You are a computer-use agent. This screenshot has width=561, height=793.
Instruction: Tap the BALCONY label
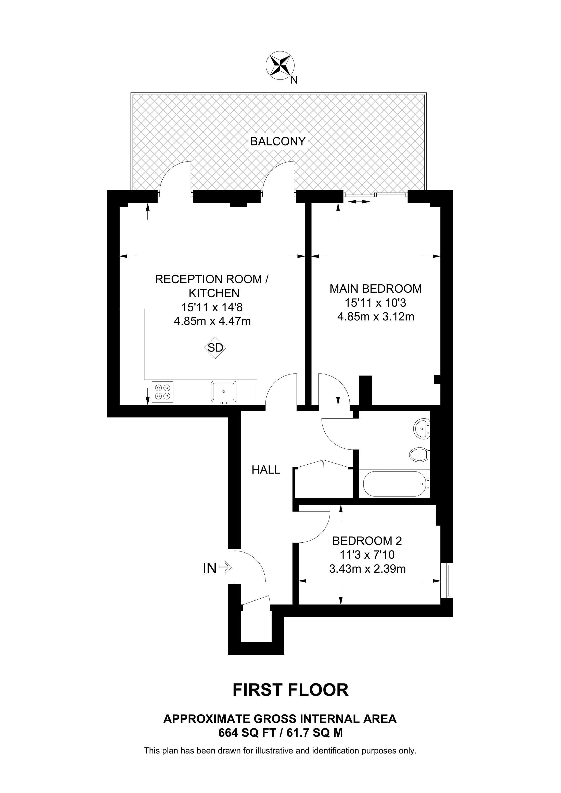click(278, 141)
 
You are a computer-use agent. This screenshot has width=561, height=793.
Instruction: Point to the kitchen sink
click(224, 392)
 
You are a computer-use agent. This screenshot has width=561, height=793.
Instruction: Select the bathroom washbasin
click(422, 429)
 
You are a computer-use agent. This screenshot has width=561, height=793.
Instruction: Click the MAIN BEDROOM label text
click(376, 288)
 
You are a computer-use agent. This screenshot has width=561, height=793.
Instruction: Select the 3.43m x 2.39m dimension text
click(367, 569)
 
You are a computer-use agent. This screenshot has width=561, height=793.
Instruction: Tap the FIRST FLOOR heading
click(291, 690)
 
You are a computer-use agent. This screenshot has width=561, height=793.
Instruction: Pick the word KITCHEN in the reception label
click(214, 293)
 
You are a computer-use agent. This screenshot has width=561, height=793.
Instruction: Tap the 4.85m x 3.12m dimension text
click(376, 317)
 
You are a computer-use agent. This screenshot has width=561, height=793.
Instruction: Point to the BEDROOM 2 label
click(367, 541)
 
